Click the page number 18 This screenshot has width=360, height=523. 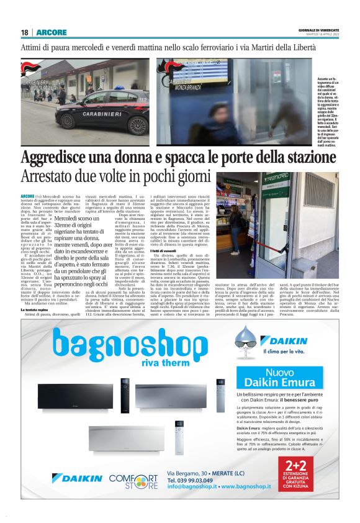(24, 32)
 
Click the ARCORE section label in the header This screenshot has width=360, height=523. (47, 32)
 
